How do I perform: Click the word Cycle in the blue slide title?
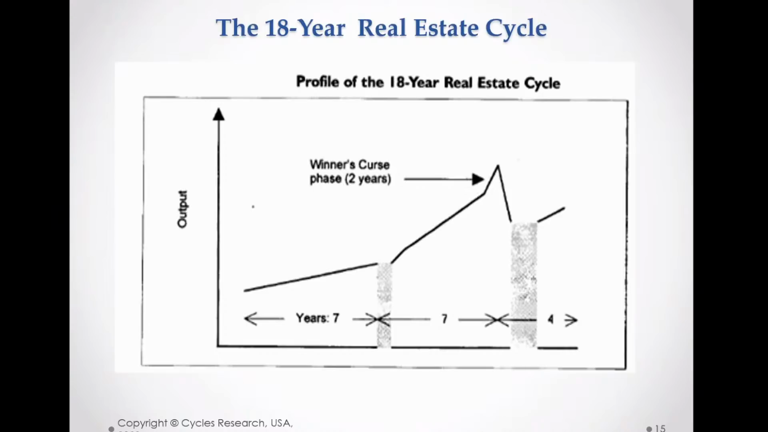516,28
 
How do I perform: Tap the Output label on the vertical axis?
182,209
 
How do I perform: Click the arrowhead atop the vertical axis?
218,114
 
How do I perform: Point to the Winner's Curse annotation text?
350,172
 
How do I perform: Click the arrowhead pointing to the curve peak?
478,179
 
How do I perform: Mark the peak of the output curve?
498,166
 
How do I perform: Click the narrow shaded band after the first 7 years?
384,304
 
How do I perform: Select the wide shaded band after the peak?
524,284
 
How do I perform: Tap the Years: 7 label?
318,318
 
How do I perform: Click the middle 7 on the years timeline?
444,319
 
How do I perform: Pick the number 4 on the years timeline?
550,319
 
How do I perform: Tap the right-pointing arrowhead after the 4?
572,320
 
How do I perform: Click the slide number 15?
660,428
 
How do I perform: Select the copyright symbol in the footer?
174,423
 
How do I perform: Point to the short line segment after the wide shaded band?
551,214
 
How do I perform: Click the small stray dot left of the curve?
253,207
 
